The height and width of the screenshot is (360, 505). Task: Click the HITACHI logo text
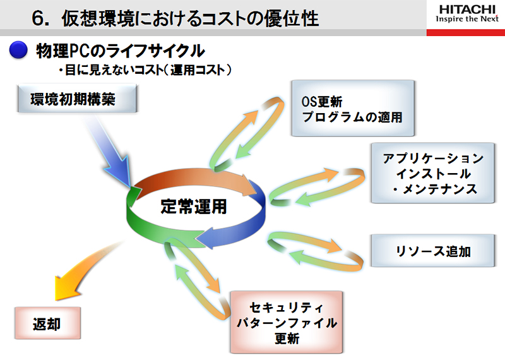click(467, 9)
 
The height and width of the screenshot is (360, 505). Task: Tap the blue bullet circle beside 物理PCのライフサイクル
click(18, 51)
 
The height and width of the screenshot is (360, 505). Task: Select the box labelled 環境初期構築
click(77, 99)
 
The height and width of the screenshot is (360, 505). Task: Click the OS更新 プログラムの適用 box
click(353, 108)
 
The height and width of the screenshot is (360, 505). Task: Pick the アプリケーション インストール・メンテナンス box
click(433, 173)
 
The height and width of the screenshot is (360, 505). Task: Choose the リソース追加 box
click(433, 251)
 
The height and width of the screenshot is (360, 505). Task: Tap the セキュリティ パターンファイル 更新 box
click(287, 322)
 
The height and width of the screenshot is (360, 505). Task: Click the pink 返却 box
click(47, 323)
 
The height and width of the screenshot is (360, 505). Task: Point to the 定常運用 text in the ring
click(194, 207)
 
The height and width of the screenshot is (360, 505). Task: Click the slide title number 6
click(39, 18)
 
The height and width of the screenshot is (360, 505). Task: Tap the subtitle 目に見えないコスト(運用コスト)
click(145, 69)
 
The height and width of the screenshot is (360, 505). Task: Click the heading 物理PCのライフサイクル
click(120, 51)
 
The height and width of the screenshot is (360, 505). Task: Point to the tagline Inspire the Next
click(467, 19)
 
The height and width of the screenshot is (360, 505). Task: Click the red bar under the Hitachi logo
click(466, 32)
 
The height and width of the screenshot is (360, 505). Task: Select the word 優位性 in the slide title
click(292, 18)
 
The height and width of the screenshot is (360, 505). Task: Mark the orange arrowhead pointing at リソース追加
click(334, 246)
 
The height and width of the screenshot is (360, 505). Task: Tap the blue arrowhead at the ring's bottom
click(206, 238)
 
